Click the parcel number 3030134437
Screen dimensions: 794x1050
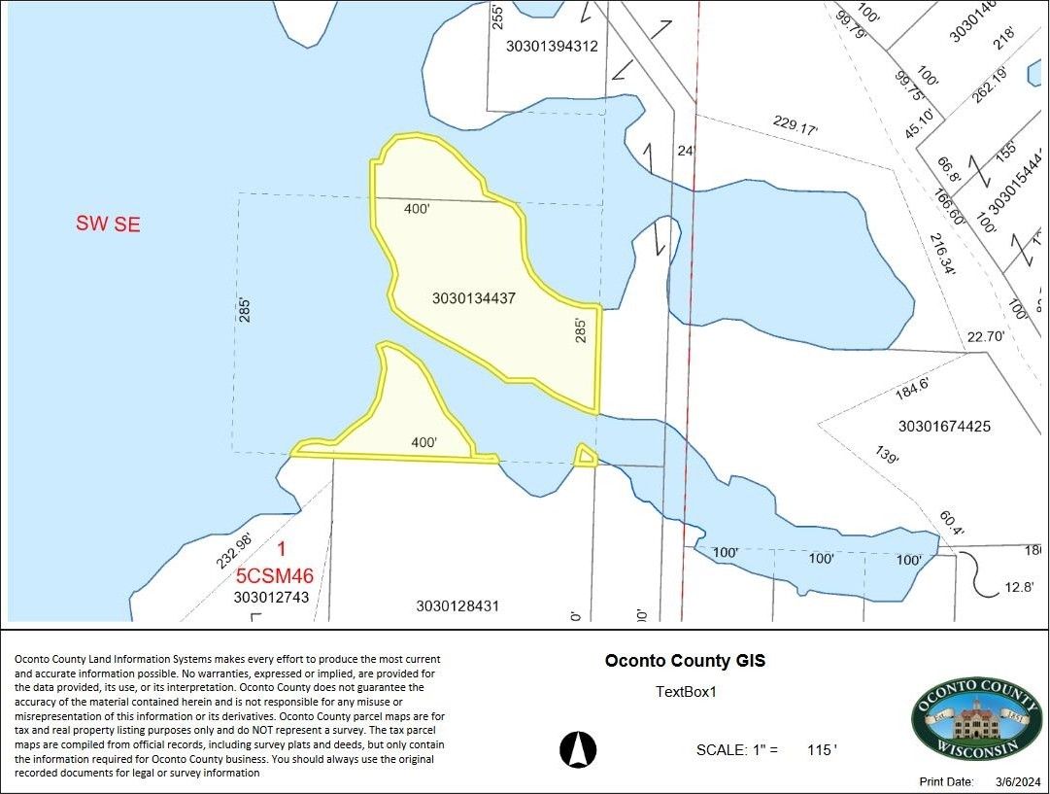474,298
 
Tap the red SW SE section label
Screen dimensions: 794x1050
108,224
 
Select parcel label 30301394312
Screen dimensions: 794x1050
552,46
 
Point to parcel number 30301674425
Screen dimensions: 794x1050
944,426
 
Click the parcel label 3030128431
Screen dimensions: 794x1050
457,605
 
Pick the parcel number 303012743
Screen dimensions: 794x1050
271,598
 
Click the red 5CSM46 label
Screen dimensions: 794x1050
275,575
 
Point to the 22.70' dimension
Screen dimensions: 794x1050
985,337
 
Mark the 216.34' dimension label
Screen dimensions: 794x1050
943,255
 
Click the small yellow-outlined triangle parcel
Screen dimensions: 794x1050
586,457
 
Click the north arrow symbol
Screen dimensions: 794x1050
579,749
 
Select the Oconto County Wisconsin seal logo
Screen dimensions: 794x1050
967,720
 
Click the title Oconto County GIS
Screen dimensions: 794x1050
685,661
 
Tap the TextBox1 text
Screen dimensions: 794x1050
686,692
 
